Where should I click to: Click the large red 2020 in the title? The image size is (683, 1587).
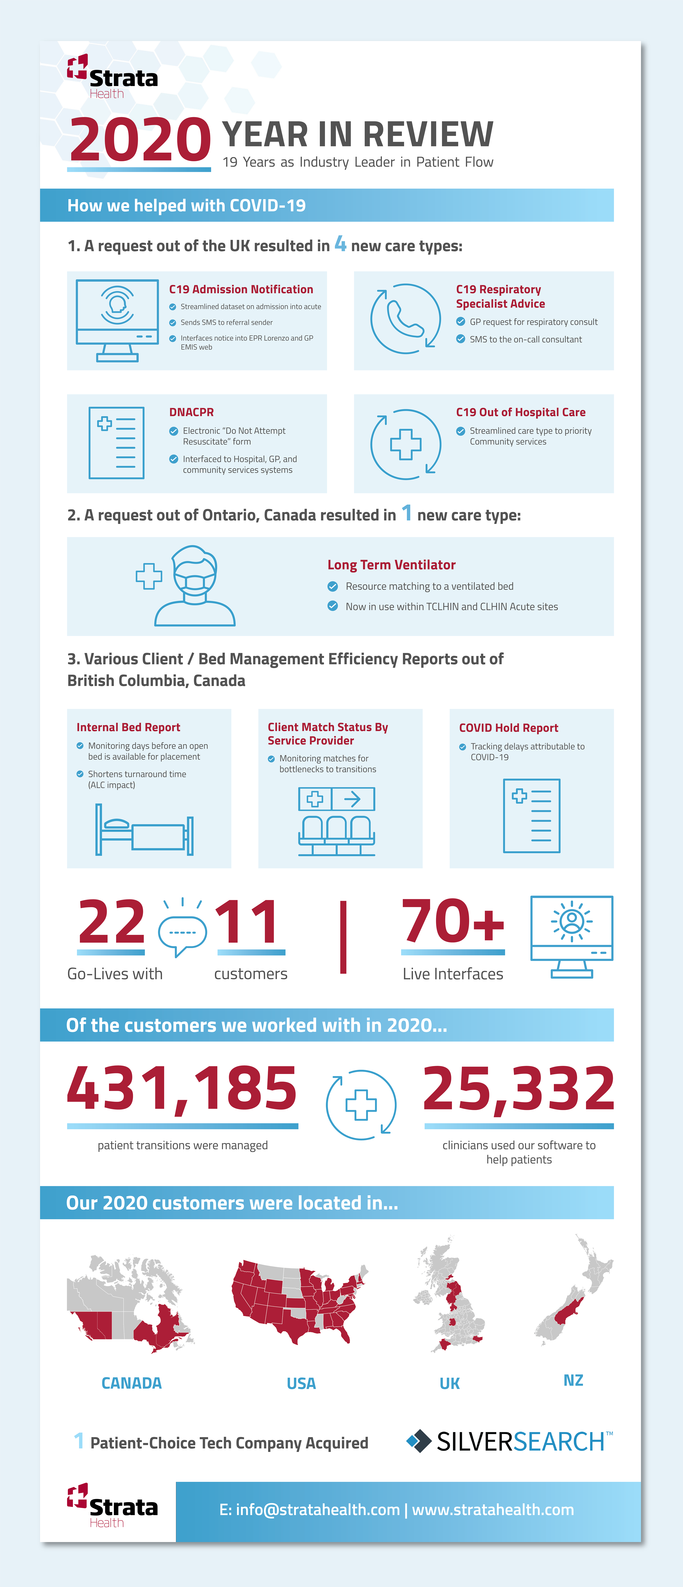pos(140,140)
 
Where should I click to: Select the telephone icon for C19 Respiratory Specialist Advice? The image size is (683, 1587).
pos(405,318)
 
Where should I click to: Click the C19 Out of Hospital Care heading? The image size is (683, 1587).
pos(520,412)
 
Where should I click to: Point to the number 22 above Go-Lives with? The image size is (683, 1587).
pos(112,922)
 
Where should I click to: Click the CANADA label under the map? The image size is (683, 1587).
pos(131,1383)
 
